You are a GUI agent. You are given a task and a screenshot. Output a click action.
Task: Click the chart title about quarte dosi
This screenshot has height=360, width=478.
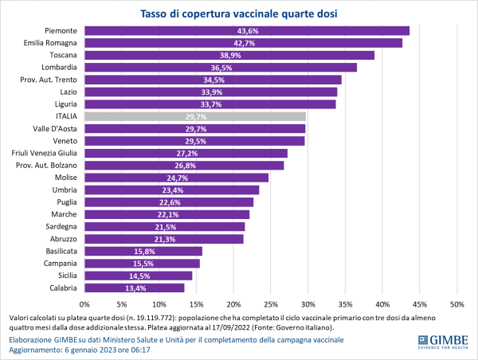239,13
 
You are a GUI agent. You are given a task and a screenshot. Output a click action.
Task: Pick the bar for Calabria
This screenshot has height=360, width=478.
135,288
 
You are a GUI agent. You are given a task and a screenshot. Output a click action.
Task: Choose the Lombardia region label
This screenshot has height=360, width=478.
57,68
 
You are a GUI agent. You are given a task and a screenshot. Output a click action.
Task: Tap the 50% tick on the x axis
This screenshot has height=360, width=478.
457,304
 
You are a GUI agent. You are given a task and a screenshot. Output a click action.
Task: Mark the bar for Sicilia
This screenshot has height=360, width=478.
139,276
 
